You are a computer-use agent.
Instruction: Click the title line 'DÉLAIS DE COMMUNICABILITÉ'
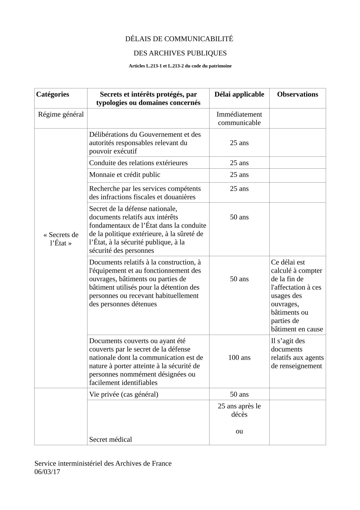tap(179, 39)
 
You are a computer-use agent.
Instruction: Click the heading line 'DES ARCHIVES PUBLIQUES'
tap(180, 53)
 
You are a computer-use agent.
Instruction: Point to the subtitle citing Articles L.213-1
tap(180, 66)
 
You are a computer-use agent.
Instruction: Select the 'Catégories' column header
tap(53, 94)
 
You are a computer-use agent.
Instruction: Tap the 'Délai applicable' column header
tap(239, 94)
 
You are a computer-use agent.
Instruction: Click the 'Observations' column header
tap(298, 94)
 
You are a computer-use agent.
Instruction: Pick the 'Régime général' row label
tap(61, 115)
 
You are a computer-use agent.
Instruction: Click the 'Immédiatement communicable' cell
tap(239, 118)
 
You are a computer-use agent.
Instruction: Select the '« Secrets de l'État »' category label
tap(61, 239)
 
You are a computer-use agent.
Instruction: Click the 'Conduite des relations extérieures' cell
tap(138, 163)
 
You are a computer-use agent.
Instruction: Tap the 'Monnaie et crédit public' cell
tap(125, 175)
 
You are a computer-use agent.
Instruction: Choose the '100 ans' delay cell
tap(239, 358)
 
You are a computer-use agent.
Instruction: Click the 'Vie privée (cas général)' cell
tap(124, 394)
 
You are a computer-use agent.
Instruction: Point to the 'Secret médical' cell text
tap(110, 439)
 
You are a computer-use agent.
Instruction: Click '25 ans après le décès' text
tap(239, 410)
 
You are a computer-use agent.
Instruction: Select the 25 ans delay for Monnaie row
tap(239, 175)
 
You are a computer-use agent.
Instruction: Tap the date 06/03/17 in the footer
tap(47, 472)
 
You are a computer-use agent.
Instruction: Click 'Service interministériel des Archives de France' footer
tap(103, 463)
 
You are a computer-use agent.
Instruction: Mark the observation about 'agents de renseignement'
tap(297, 353)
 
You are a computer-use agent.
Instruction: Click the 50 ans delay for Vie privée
tap(239, 394)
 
